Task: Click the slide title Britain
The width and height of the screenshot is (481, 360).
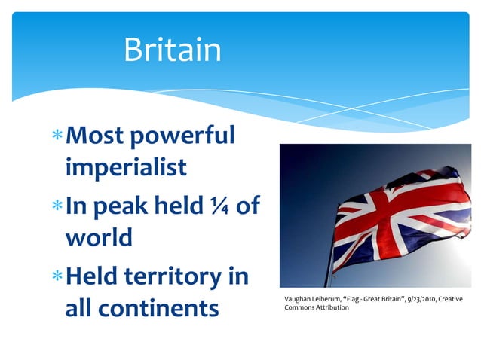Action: click(x=173, y=50)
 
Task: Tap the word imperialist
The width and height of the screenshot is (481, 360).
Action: click(x=126, y=167)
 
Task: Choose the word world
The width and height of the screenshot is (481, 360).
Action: click(x=99, y=237)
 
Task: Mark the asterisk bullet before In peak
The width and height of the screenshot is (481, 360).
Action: click(x=58, y=205)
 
